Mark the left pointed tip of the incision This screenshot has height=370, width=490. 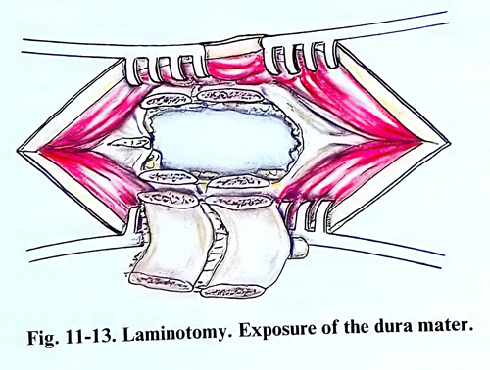pos(18,151)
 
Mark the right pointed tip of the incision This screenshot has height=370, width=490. pos(450,143)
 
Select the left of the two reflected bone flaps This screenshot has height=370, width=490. pos(166,242)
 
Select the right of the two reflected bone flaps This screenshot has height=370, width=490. pos(249,247)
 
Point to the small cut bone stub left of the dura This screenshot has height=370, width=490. pos(130,143)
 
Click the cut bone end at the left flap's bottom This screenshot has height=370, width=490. pos(160,281)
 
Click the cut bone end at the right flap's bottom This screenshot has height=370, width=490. pos(231,291)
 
